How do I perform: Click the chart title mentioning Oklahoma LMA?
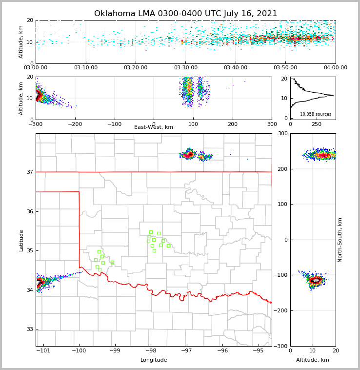click(185, 14)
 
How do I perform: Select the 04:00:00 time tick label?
click(336, 68)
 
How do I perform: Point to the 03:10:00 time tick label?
click(86, 68)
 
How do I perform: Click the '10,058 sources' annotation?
click(316, 114)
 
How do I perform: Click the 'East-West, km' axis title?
click(154, 127)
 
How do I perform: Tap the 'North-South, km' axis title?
click(340, 240)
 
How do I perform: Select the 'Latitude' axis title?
click(21, 240)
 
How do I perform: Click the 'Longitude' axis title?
click(154, 360)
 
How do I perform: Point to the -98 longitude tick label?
click(151, 350)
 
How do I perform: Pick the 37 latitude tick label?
click(30, 172)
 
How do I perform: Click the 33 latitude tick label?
click(30, 329)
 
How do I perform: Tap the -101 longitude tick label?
click(43, 350)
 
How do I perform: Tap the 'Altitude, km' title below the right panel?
click(313, 360)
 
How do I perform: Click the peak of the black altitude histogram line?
click(333, 95)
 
